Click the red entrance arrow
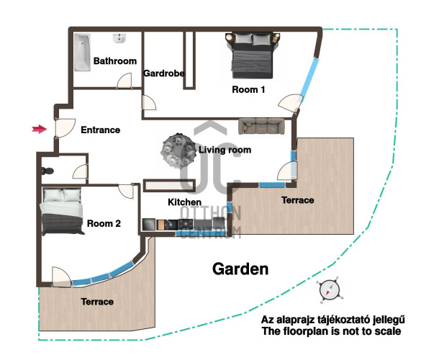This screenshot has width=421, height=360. click(x=40, y=129)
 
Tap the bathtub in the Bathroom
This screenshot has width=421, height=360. click(x=82, y=53)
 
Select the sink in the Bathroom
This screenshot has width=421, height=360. click(x=119, y=38)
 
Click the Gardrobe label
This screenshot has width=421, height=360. click(x=164, y=73)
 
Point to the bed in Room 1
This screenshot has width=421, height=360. click(x=253, y=55)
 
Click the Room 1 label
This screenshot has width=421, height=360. click(x=248, y=89)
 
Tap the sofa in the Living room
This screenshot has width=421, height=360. click(x=261, y=126)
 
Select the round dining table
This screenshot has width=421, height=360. click(x=178, y=150)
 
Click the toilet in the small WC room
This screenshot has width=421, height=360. click(x=47, y=171)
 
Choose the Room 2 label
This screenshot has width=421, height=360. click(x=104, y=223)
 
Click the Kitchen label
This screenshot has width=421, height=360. click(x=184, y=202)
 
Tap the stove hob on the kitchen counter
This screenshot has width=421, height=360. click(x=186, y=225)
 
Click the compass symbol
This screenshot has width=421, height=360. click(x=330, y=290)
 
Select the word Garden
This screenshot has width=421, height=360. click(x=240, y=269)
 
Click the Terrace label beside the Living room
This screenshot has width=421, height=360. click(x=298, y=200)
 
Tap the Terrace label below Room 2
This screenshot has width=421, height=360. click(x=97, y=302)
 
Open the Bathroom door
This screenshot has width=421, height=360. click(x=125, y=81)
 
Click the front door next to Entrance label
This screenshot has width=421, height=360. click(x=65, y=128)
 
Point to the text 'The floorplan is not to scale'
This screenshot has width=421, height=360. click(x=332, y=331)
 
